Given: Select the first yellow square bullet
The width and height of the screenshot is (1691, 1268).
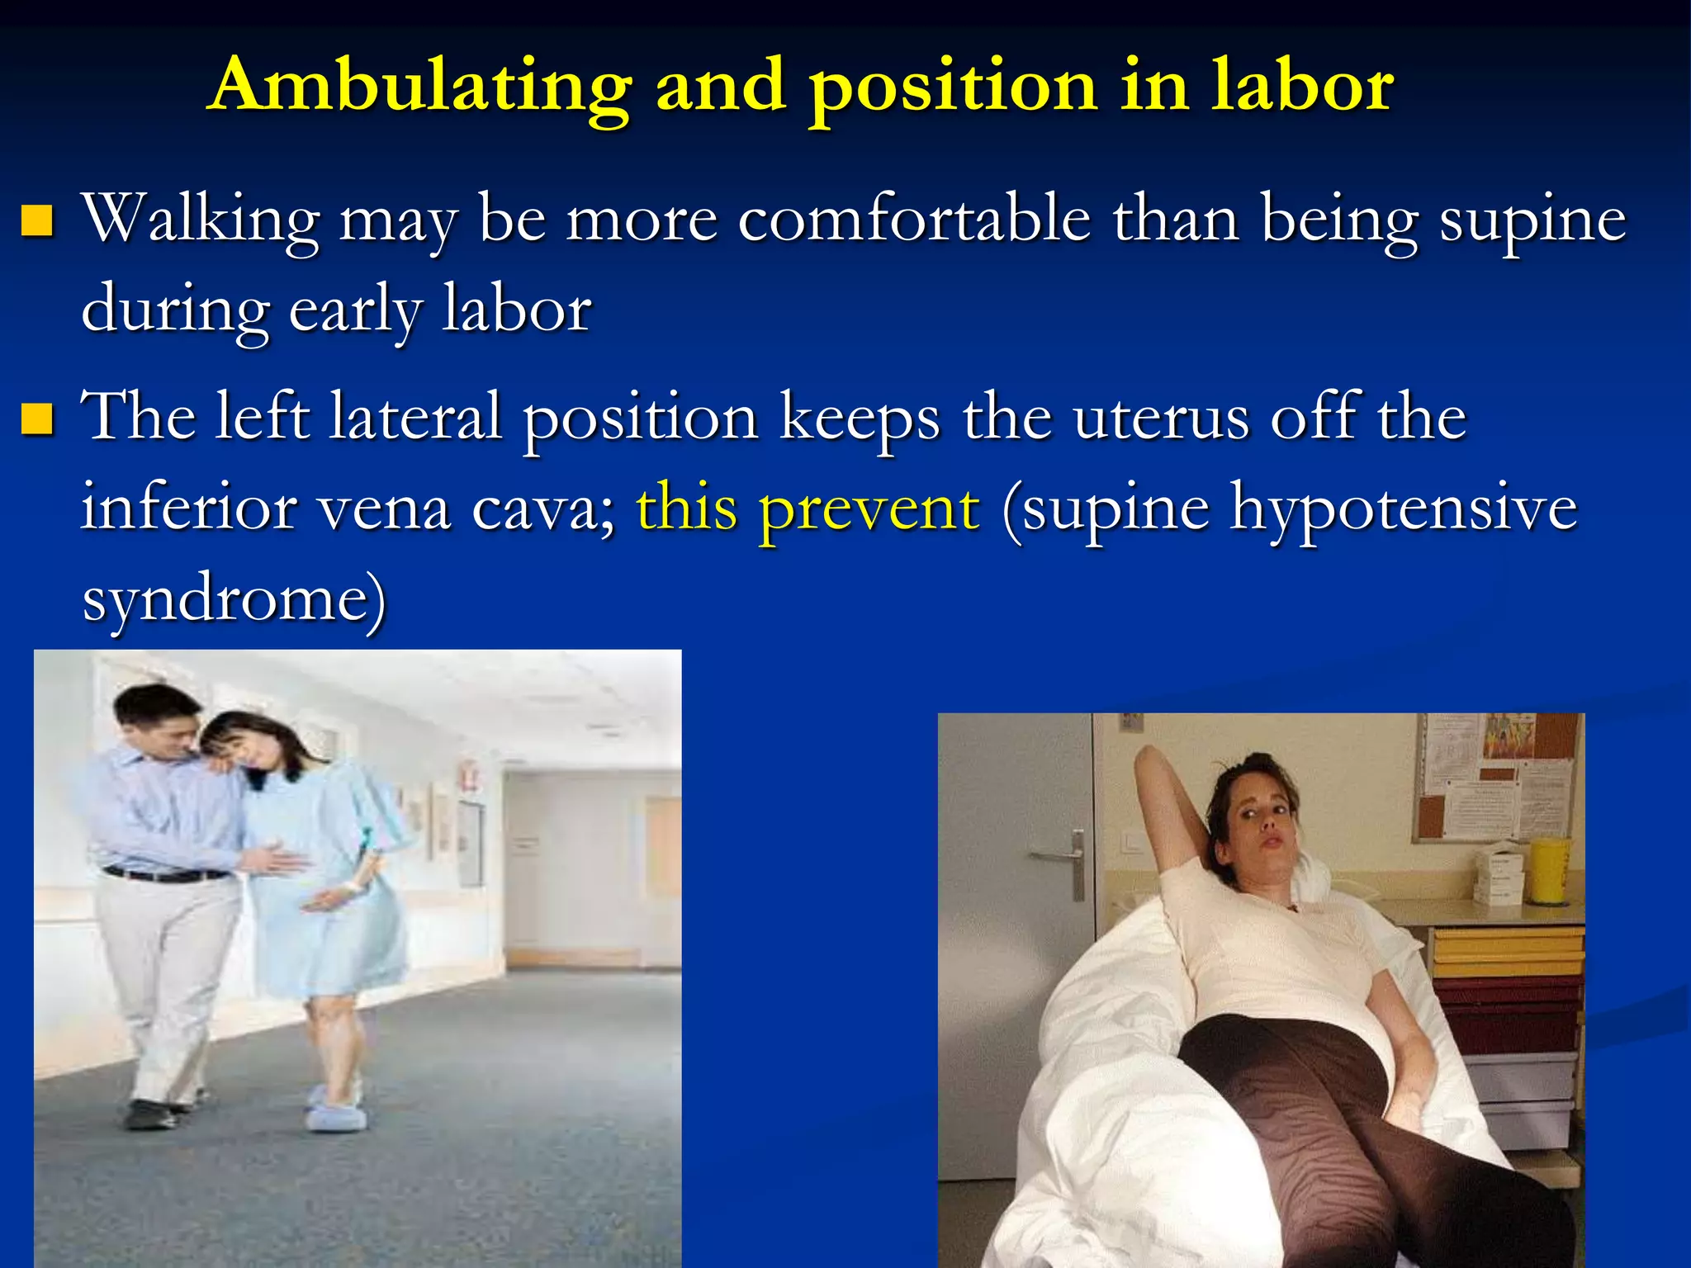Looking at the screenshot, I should click(37, 220).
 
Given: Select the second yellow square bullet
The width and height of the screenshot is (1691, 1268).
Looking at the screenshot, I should click(37, 419).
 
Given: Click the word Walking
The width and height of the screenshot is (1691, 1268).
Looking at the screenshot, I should click(201, 221).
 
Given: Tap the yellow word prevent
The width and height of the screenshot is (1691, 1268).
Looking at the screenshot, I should click(869, 508).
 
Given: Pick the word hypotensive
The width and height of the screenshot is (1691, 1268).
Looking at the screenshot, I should click(1404, 508).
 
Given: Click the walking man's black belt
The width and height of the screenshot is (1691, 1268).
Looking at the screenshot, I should click(165, 873).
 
